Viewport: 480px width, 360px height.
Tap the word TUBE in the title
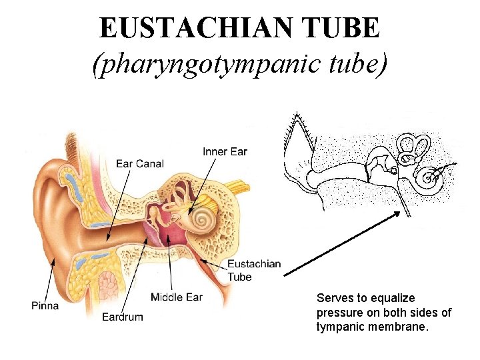pos(344,27)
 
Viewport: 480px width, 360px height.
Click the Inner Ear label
pos(225,152)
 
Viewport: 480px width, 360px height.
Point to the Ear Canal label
pos(140,163)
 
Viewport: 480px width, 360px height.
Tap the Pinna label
pos(45,305)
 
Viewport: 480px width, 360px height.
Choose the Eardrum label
pos(123,317)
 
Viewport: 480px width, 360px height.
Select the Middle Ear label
pos(177,297)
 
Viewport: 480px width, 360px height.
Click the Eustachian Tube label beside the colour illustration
pos(254,270)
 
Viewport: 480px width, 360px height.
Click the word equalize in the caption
pos(393,298)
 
